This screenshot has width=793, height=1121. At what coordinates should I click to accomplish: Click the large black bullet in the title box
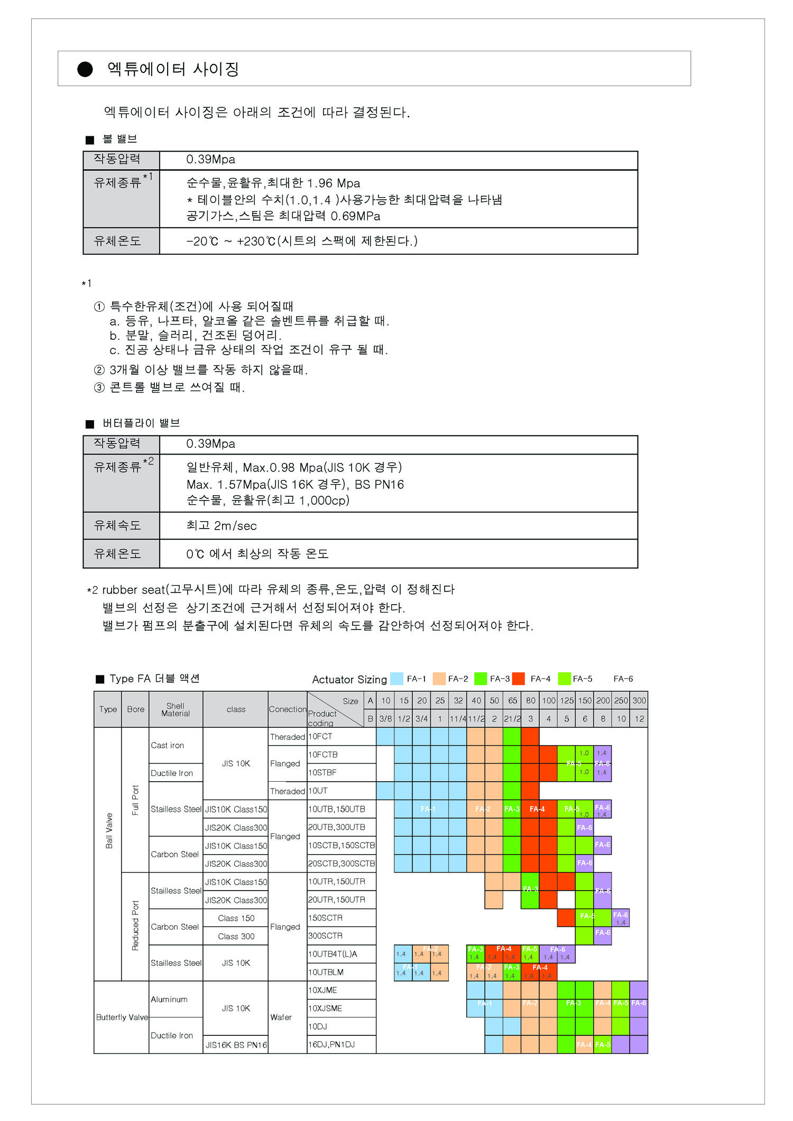pyautogui.click(x=85, y=69)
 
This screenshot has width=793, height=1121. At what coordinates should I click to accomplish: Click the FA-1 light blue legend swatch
pyautogui.click(x=396, y=679)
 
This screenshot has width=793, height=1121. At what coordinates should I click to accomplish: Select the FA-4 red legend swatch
pyautogui.click(x=519, y=679)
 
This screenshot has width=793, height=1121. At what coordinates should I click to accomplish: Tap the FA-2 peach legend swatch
pyautogui.click(x=439, y=679)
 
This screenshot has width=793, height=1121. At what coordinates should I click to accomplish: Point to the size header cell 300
pyautogui.click(x=639, y=700)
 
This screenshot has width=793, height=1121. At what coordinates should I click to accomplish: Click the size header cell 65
pyautogui.click(x=512, y=700)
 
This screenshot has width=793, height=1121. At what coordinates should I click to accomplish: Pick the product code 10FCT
pyautogui.click(x=320, y=736)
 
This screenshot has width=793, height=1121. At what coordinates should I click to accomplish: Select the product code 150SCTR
pyautogui.click(x=325, y=918)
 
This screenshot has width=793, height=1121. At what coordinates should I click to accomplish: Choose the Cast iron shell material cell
pyautogui.click(x=168, y=745)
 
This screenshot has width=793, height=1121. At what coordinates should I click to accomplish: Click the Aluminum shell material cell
pyautogui.click(x=169, y=999)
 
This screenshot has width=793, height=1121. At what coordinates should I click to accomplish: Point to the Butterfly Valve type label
pyautogui.click(x=122, y=1017)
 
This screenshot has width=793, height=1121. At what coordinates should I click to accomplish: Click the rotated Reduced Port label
pyautogui.click(x=135, y=926)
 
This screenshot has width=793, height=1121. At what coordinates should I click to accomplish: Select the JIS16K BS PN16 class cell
pyautogui.click(x=236, y=1045)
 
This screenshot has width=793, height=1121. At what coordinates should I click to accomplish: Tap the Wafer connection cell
pyautogui.click(x=281, y=1017)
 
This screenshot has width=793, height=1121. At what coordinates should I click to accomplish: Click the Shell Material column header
pyautogui.click(x=176, y=709)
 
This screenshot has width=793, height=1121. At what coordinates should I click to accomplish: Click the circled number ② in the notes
pyautogui.click(x=99, y=370)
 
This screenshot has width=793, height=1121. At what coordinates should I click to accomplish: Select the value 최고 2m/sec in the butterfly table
pyautogui.click(x=222, y=526)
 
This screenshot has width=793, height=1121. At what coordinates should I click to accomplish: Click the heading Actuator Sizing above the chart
pyautogui.click(x=349, y=680)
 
